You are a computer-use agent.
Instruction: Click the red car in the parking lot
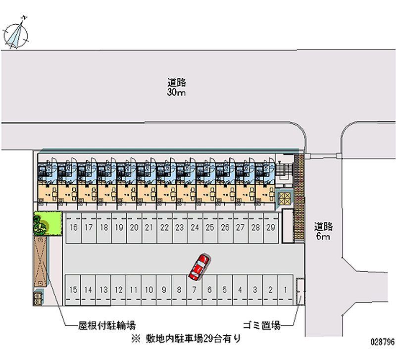(x=198, y=266)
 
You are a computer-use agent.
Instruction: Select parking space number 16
(x=74, y=228)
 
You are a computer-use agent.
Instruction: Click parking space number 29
(x=270, y=228)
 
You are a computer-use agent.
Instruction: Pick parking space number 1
(x=286, y=289)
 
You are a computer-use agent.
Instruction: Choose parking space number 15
(x=73, y=289)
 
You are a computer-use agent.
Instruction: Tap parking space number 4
(x=240, y=289)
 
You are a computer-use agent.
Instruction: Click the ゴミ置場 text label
(x=262, y=325)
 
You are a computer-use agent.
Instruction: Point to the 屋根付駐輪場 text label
(x=106, y=325)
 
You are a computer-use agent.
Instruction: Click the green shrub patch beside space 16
(x=46, y=223)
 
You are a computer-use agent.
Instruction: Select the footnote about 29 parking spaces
(x=186, y=339)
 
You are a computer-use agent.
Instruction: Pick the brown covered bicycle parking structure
(x=41, y=260)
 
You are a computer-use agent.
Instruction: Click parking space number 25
(x=210, y=228)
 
